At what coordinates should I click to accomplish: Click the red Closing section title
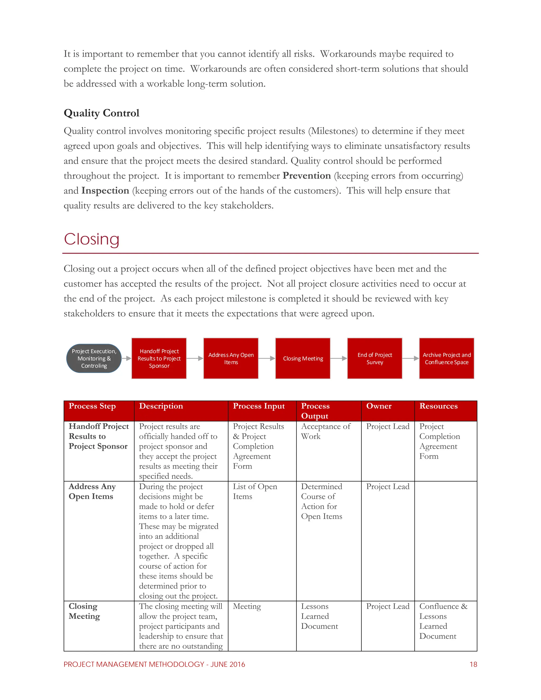pos(92,239)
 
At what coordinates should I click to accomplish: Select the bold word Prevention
pos(306,176)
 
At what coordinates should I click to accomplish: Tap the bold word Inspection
pos(105,191)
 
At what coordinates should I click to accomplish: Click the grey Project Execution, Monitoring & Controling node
pos(94,358)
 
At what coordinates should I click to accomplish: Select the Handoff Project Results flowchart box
pos(159,358)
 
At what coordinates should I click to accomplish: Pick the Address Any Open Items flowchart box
pos(231,358)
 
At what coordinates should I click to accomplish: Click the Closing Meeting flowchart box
pos(303,358)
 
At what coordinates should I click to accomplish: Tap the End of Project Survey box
pos(375,358)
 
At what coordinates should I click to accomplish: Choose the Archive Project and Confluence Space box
pos(446,358)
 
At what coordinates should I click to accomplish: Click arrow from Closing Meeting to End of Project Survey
pos(339,358)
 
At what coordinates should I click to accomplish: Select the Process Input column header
pos(259,406)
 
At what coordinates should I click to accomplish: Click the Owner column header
pos(379,406)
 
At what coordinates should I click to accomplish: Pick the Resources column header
pos(439,406)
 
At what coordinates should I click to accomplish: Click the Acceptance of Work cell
pos(326,431)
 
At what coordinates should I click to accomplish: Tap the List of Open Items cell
pos(255,491)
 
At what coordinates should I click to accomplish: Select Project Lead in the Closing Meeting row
pos(388,606)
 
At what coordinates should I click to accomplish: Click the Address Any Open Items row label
pos(92,491)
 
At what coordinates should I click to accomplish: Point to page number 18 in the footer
pos(473,664)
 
